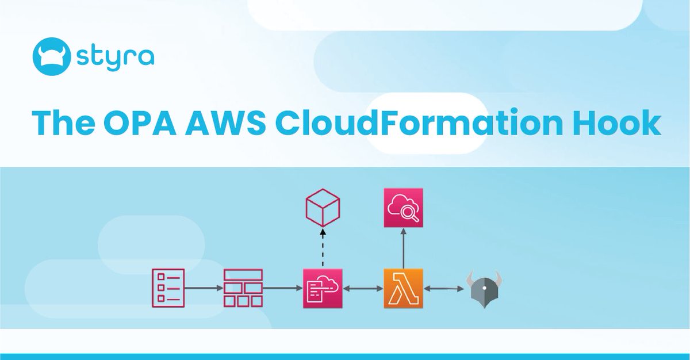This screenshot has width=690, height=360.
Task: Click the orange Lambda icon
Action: [403, 288]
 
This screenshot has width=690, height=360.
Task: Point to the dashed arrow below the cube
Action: [323, 248]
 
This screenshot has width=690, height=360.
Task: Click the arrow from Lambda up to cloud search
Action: [403, 248]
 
